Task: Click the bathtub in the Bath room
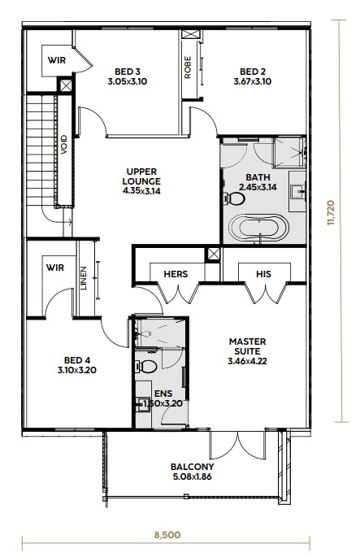pyautogui.click(x=258, y=228)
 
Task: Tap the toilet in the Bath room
pyautogui.click(x=234, y=198)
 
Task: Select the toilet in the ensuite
pyautogui.click(x=146, y=367)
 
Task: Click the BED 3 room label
pyautogui.click(x=128, y=72)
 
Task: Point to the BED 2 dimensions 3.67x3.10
pyautogui.click(x=253, y=81)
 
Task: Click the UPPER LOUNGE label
pyautogui.click(x=141, y=176)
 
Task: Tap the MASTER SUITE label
pyautogui.click(x=248, y=346)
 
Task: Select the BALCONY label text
pyautogui.click(x=192, y=467)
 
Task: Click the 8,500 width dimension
pyautogui.click(x=167, y=534)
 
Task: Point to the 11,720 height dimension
pyautogui.click(x=331, y=213)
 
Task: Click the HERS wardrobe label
pyautogui.click(x=176, y=274)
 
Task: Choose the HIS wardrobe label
pyautogui.click(x=263, y=274)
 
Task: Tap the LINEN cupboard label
pyautogui.click(x=84, y=278)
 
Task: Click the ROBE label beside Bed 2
pyautogui.click(x=188, y=67)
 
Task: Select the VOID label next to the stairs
pyautogui.click(x=64, y=145)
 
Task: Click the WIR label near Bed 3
pyautogui.click(x=57, y=60)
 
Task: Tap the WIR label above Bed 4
pyautogui.click(x=55, y=268)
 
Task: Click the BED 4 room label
pyautogui.click(x=77, y=360)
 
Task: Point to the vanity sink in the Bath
pyautogui.click(x=297, y=191)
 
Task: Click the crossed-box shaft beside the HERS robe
pyautogui.click(x=214, y=255)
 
